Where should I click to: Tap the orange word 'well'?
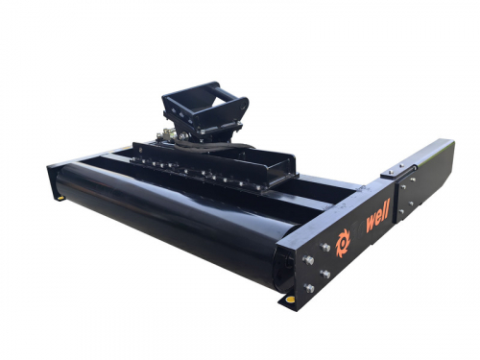(x=377, y=216)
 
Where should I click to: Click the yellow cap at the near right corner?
(x=289, y=300)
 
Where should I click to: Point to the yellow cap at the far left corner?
(x=60, y=198)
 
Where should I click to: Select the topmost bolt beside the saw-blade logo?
(x=325, y=247)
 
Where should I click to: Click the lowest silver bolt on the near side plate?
(x=309, y=288)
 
